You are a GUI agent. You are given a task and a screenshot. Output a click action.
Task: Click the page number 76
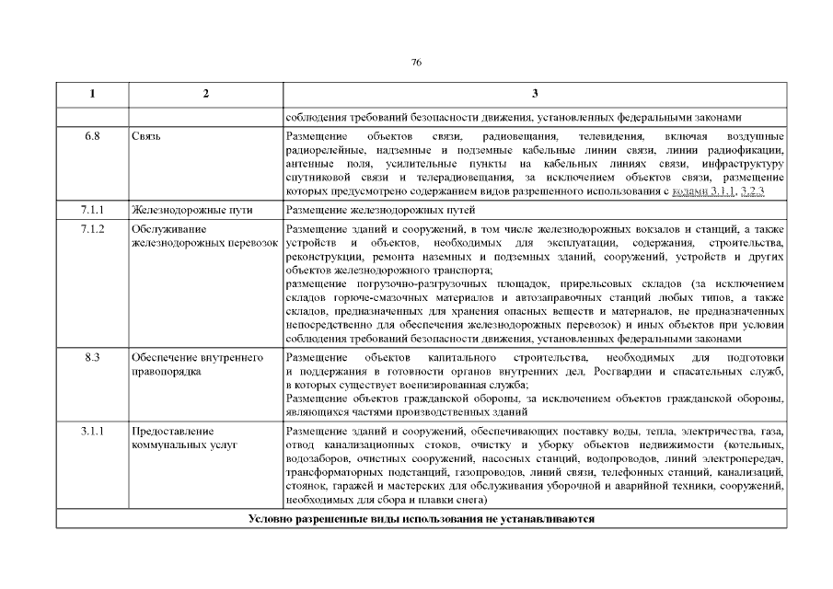(416, 63)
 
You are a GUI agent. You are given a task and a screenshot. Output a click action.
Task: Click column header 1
(92, 95)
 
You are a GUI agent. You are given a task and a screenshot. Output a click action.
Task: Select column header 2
(205, 95)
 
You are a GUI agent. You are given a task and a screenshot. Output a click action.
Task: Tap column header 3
(534, 95)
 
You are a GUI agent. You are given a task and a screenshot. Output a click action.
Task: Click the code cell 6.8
(92, 136)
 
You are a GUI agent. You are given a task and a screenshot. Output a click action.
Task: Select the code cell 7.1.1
(92, 211)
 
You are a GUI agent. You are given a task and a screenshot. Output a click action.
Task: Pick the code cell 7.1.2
(92, 227)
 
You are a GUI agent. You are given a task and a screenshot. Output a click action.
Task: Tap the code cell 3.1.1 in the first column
(92, 431)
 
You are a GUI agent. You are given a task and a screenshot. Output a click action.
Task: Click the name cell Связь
(146, 136)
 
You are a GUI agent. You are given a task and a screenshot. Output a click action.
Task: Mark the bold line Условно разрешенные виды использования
(421, 519)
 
